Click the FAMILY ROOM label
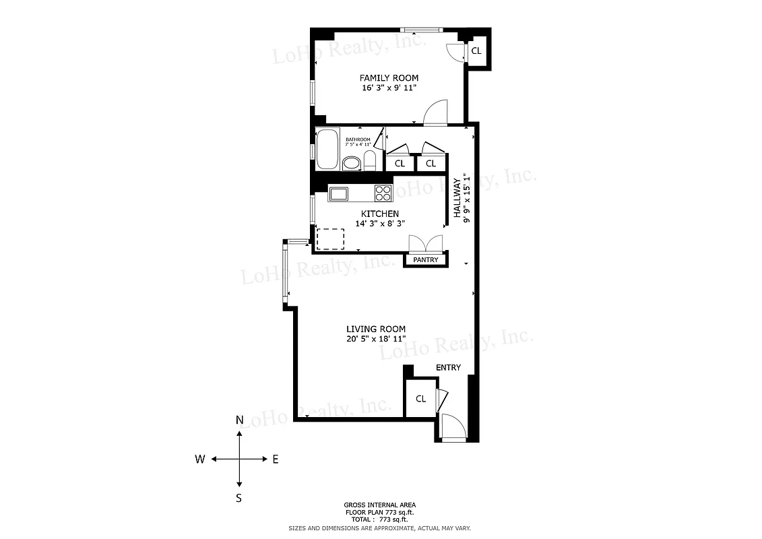point(389,78)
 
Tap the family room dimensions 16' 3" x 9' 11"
point(389,88)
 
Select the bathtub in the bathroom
point(328,149)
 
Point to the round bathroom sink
point(351,163)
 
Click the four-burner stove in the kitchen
point(383,193)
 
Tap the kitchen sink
point(338,194)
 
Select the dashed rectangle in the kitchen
point(330,239)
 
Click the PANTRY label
point(426,260)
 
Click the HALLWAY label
point(457,198)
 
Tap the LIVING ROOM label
point(376,329)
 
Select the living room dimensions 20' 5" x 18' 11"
point(376,339)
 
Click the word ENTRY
point(448,367)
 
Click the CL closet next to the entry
point(420,399)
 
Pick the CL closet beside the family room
point(476,51)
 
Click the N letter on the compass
point(239,420)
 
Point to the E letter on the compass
point(275,459)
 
